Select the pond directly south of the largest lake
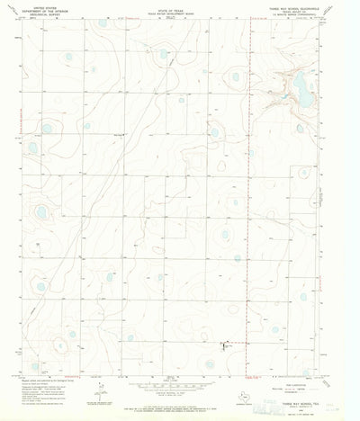coord(300,129)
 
